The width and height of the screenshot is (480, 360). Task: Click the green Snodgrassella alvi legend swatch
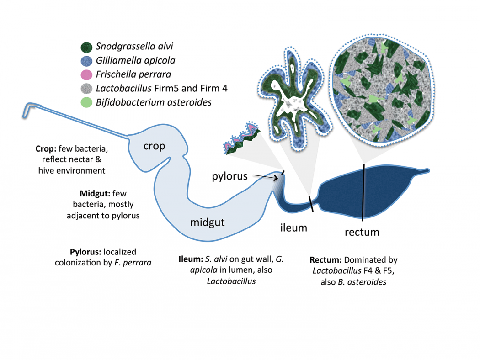click(x=86, y=47)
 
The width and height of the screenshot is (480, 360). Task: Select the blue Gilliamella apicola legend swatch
click(x=86, y=60)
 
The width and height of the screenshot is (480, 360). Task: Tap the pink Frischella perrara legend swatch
click(x=86, y=74)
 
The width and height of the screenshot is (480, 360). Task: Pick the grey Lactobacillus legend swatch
click(x=86, y=88)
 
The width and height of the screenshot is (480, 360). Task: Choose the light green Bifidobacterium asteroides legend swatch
click(x=86, y=102)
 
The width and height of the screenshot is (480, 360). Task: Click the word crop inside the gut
click(x=154, y=146)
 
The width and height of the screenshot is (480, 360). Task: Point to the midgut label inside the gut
click(x=207, y=222)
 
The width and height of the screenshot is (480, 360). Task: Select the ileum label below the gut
click(x=293, y=227)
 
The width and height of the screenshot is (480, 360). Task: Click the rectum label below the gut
click(x=362, y=232)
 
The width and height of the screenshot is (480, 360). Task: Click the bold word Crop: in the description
click(x=46, y=149)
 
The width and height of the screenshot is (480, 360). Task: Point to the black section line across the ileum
click(x=312, y=204)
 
